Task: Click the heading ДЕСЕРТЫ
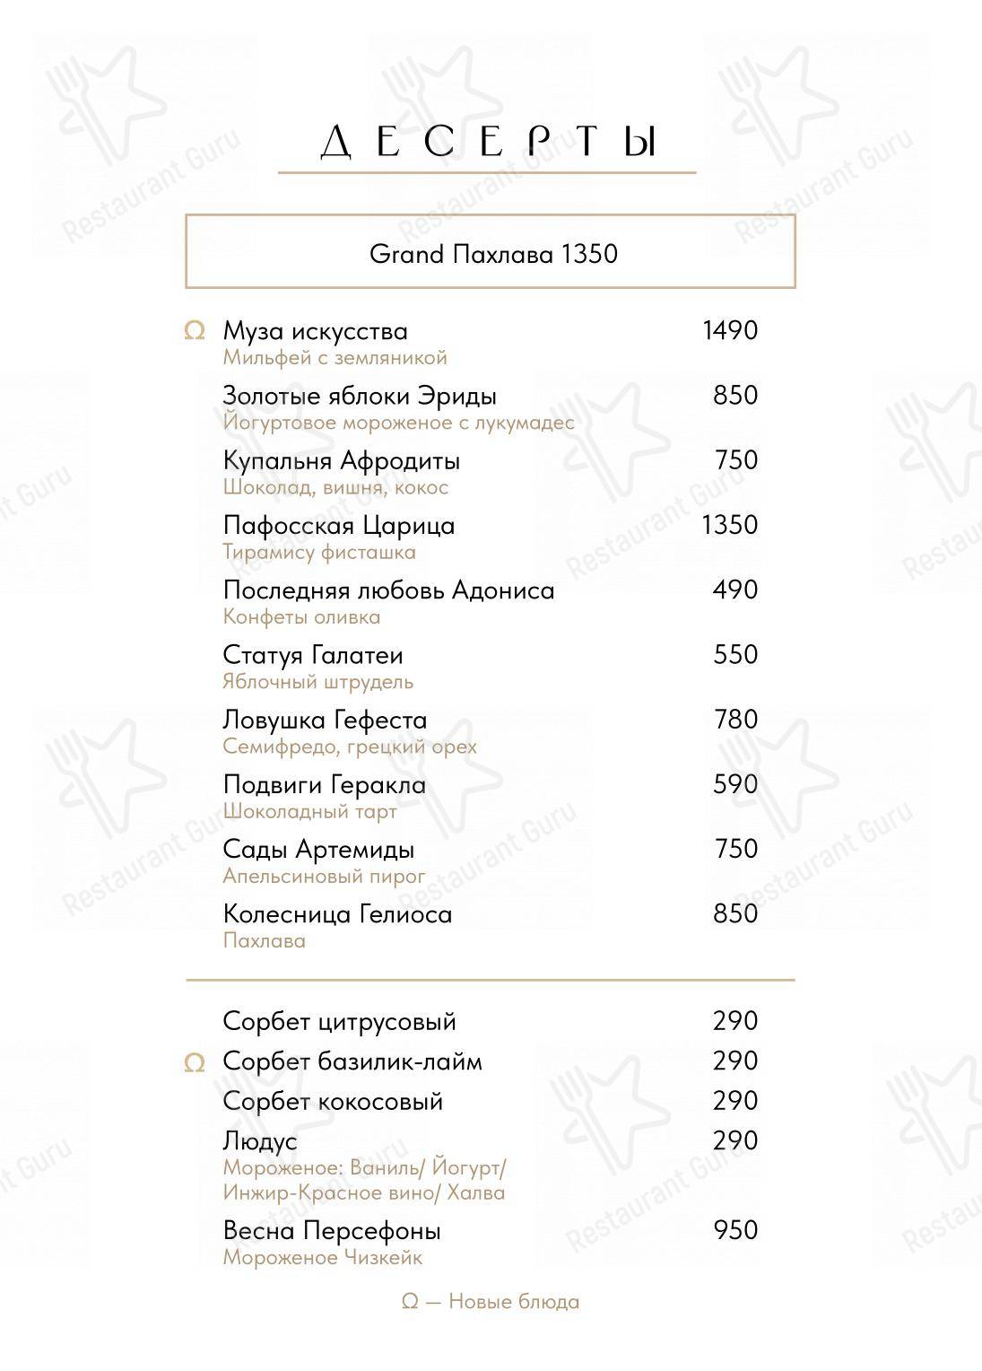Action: point(489,143)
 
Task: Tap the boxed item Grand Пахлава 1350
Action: point(493,254)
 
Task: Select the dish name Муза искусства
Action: point(315,331)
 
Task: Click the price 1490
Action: point(730,331)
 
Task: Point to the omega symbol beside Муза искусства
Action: point(194,332)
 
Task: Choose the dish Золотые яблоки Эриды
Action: point(360,396)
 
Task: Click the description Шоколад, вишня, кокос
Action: point(335,487)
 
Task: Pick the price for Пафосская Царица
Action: point(730,525)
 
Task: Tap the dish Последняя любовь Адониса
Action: point(388,590)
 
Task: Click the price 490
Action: point(735,590)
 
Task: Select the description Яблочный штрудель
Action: point(317,682)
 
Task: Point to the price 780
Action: point(735,720)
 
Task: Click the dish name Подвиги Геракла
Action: point(325,785)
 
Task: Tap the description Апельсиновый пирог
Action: point(324,876)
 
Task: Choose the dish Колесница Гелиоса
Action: point(337,914)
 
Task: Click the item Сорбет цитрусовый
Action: point(339,1021)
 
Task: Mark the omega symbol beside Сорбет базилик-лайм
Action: point(194,1063)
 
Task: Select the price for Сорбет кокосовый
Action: point(735,1101)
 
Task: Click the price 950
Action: point(735,1230)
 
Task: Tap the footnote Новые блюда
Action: point(491,1301)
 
